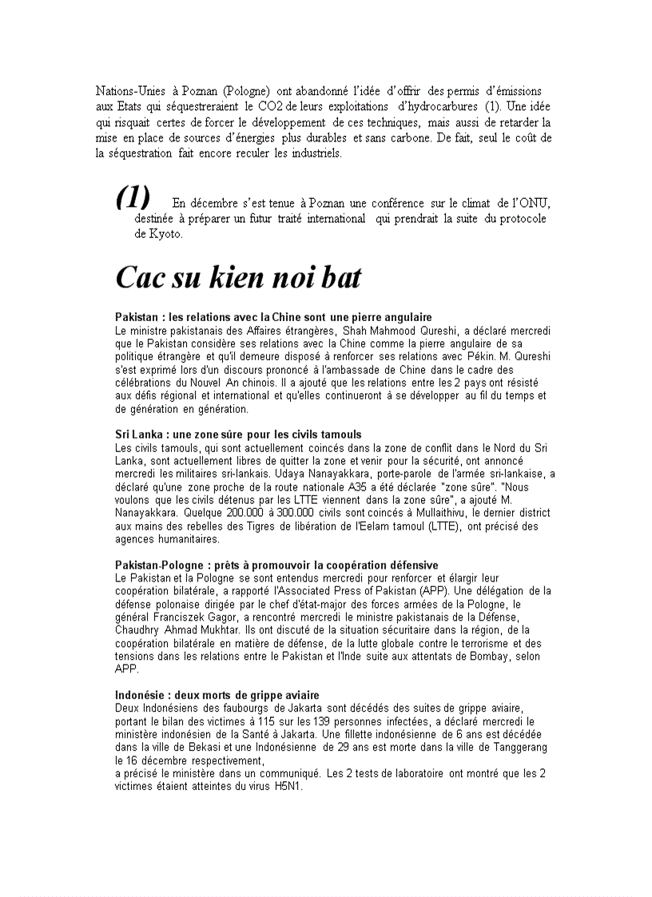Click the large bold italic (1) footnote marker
click(133, 196)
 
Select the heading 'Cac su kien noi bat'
click(238, 277)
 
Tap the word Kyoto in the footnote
click(165, 234)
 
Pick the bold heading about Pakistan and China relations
click(273, 317)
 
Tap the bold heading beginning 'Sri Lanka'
click(238, 435)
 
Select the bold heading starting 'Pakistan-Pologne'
click(276, 565)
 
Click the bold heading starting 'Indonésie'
click(217, 695)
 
